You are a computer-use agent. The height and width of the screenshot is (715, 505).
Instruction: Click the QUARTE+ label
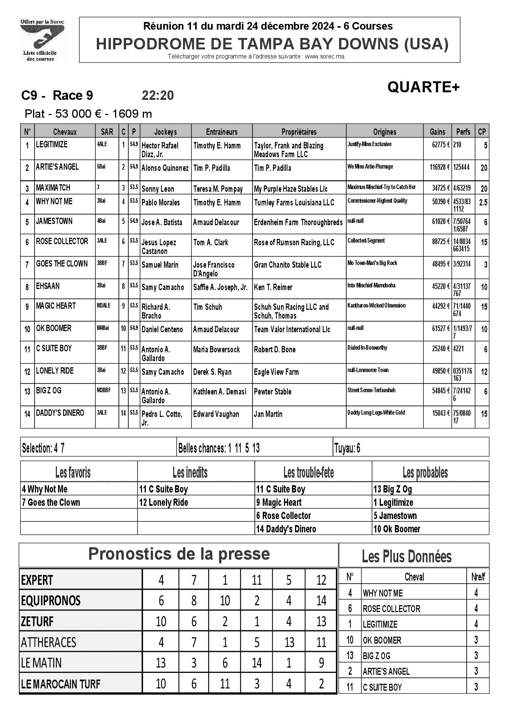(x=423, y=87)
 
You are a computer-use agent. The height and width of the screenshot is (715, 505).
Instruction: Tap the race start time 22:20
(x=158, y=95)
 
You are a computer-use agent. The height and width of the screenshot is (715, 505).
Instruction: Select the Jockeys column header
(x=165, y=132)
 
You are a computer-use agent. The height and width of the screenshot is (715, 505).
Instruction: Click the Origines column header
(x=384, y=132)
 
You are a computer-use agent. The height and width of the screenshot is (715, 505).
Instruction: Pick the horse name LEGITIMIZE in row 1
(x=52, y=145)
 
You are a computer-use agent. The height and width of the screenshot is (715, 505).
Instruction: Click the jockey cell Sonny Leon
(x=158, y=189)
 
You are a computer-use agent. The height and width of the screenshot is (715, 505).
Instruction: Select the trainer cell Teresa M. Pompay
(x=218, y=189)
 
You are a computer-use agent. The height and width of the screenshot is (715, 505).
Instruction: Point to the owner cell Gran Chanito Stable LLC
(x=287, y=265)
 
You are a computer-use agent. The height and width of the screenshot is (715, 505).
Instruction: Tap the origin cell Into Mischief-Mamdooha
(x=371, y=286)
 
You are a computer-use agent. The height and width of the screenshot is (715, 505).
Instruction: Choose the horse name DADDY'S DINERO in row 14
(x=60, y=413)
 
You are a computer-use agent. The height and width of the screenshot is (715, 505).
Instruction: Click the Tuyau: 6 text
(x=347, y=448)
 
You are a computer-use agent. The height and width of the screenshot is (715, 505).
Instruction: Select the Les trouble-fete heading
(x=309, y=473)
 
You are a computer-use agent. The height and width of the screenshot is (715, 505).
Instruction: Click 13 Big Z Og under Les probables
(x=392, y=489)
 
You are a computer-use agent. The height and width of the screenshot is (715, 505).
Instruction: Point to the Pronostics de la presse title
(x=179, y=554)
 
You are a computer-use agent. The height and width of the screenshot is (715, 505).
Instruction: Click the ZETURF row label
(x=37, y=622)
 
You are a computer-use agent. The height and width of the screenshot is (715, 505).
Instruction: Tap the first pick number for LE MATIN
(x=161, y=663)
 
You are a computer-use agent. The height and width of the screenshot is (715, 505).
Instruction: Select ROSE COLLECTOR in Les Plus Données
(x=391, y=609)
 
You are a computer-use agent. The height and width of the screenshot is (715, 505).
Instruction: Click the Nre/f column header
(x=478, y=577)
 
